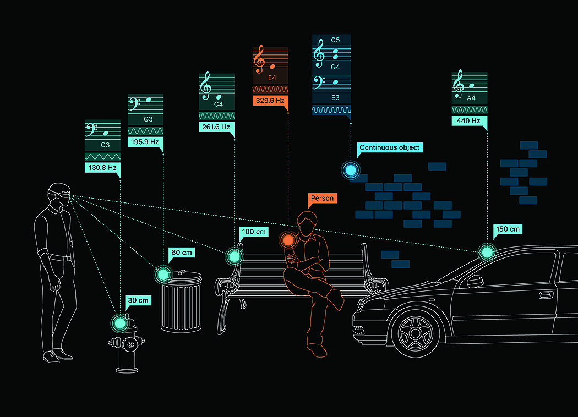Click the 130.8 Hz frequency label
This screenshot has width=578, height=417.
[102, 167]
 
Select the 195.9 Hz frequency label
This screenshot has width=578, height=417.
[145, 142]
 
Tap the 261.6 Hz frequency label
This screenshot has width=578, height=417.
[216, 127]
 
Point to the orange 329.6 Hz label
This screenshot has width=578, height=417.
[270, 101]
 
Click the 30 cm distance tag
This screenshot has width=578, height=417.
[138, 301]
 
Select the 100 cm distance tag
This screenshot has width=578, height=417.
[254, 232]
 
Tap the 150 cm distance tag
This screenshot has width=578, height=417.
[507, 229]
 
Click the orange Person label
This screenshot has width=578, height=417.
[322, 198]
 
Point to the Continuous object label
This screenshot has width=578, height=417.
[389, 147]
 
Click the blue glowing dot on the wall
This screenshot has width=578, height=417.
[350, 170]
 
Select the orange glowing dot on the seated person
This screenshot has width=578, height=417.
[287, 240]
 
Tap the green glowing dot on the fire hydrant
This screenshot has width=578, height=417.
[119, 322]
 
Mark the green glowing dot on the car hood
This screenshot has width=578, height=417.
[487, 253]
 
